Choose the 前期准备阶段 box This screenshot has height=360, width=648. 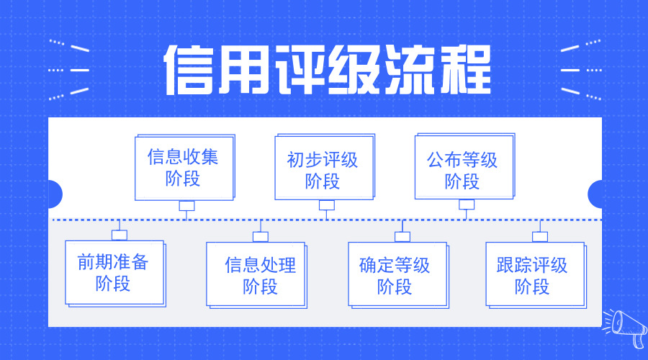(x=113, y=272)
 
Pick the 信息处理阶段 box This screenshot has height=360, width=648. (x=260, y=274)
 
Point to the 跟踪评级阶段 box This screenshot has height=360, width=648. (x=532, y=274)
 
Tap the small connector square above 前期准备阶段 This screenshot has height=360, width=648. (x=119, y=235)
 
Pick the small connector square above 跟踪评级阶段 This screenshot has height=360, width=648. (x=540, y=236)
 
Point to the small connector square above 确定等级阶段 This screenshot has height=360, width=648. (x=402, y=236)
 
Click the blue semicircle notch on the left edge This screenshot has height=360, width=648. (x=55, y=194)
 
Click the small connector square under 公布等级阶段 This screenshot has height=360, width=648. (x=467, y=204)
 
